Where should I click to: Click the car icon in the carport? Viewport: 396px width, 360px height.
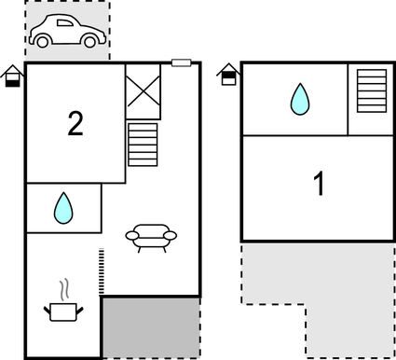66,33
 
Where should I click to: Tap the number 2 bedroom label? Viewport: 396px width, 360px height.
75,122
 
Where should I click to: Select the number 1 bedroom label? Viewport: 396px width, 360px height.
319,184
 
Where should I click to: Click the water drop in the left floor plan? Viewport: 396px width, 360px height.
62,207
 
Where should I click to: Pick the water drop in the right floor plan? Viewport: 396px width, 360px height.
299,98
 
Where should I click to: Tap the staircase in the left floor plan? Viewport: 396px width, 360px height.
143,144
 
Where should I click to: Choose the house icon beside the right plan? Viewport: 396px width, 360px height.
227,74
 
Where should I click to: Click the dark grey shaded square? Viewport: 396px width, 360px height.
150,327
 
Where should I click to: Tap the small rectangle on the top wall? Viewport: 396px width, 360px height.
182,62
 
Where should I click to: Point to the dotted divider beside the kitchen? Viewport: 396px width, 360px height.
100,271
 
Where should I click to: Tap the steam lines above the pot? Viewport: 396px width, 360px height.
63,286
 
